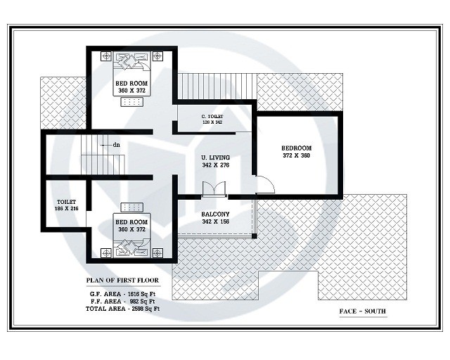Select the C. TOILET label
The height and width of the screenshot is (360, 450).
(212, 116)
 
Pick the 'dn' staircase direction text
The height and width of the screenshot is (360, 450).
(115, 145)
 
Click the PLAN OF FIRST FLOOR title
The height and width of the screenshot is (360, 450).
(122, 280)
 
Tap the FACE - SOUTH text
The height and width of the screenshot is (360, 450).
(363, 311)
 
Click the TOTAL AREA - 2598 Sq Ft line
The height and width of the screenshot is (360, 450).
(122, 308)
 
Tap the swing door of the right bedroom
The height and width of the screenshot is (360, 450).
(264, 184)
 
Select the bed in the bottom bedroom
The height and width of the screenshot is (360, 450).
(131, 247)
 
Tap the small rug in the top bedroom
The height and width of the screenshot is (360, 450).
(131, 102)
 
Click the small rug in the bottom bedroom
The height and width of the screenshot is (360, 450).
(131, 207)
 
